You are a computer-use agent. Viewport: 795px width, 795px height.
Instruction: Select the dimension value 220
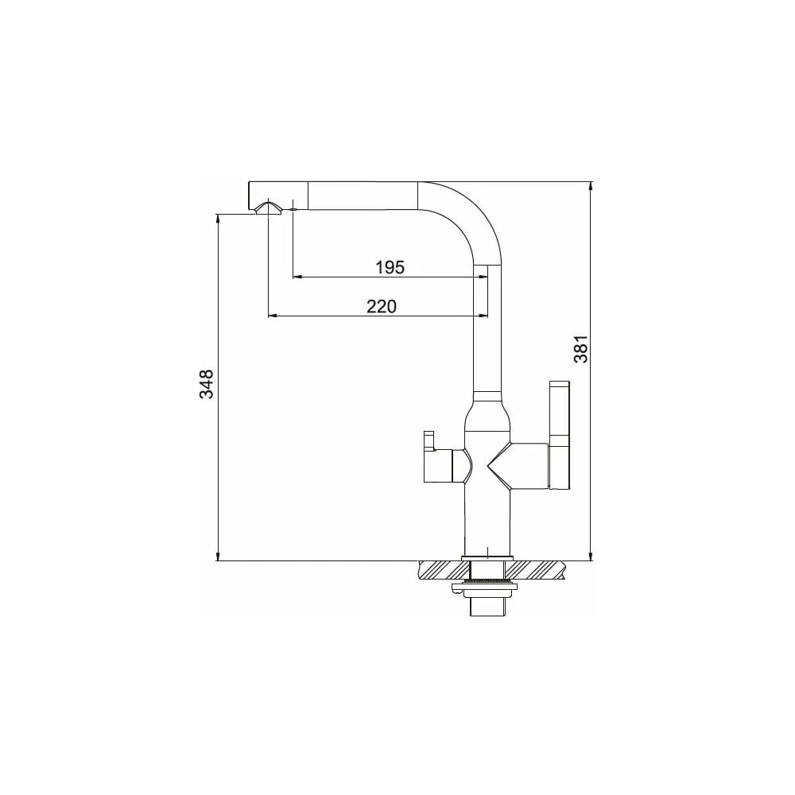click(382, 306)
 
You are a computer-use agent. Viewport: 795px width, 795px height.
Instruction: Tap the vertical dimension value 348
click(206, 384)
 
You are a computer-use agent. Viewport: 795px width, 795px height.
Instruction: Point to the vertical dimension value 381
click(580, 349)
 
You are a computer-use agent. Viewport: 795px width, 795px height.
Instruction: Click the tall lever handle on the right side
click(560, 436)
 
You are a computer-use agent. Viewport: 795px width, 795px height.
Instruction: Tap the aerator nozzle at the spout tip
click(267, 209)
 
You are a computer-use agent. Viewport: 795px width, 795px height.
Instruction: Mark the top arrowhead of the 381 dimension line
click(591, 186)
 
